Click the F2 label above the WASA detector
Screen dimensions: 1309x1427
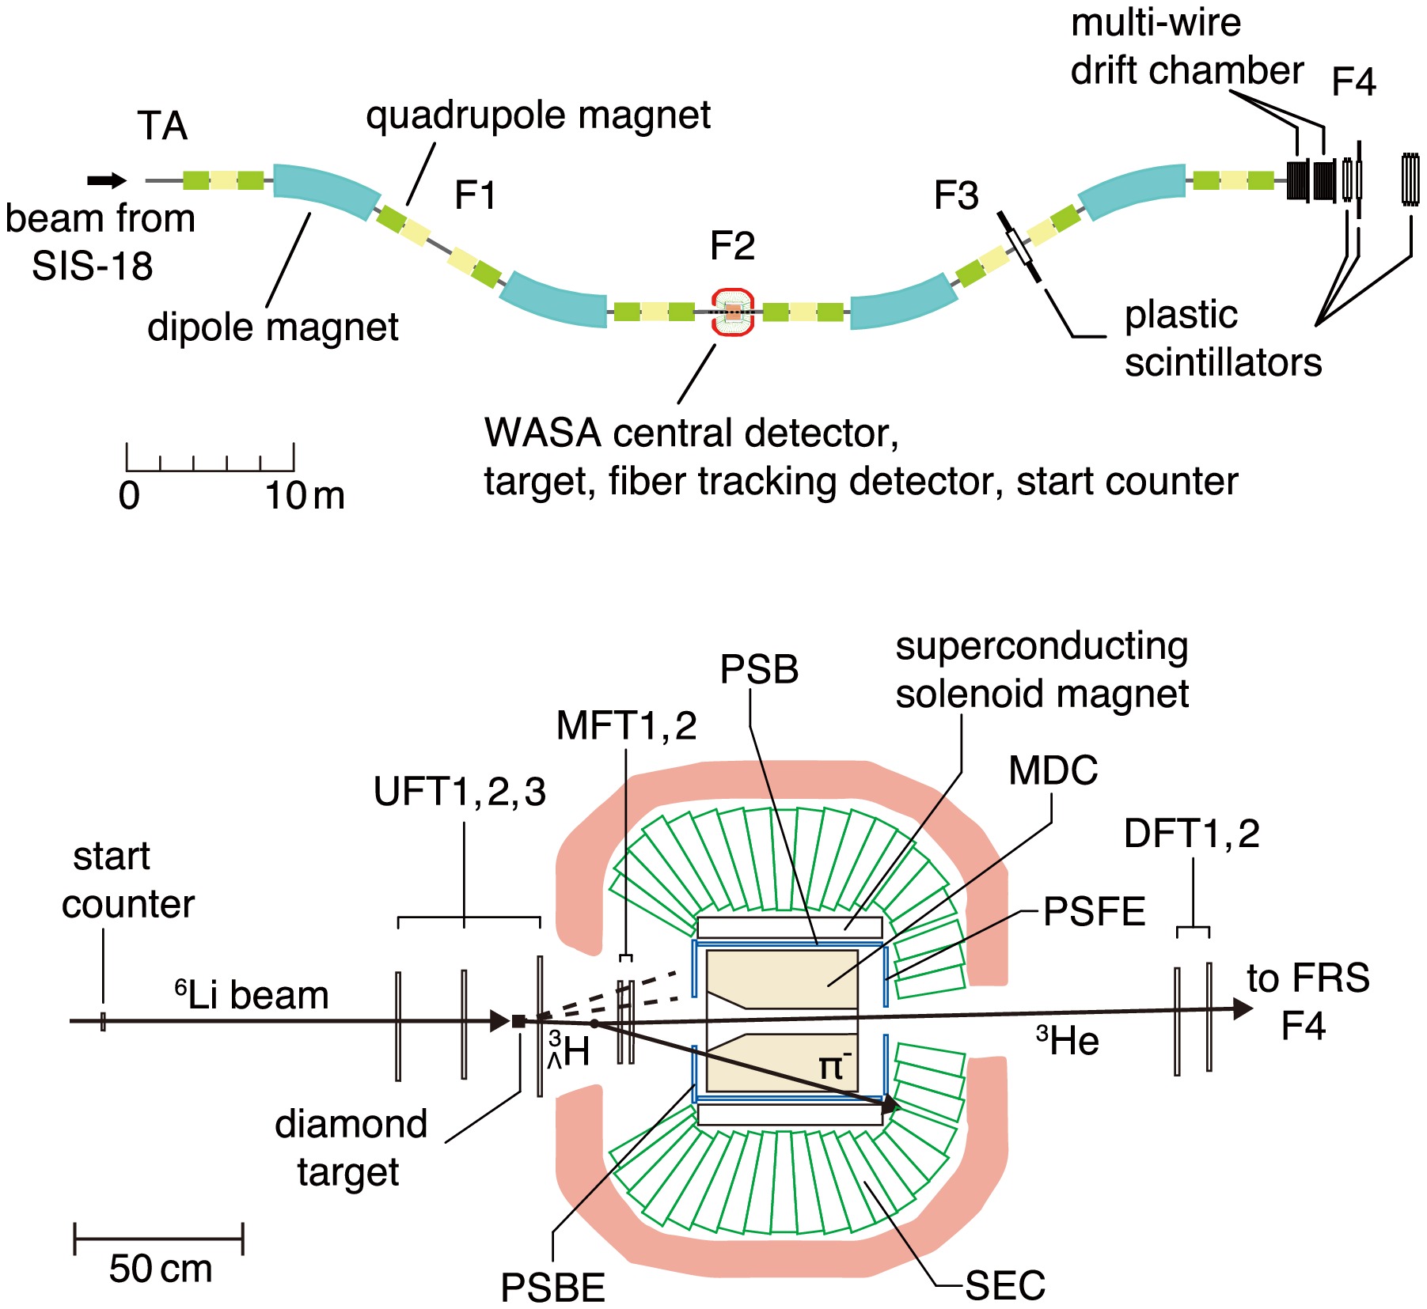pyautogui.click(x=732, y=246)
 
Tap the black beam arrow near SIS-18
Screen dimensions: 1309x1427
pyautogui.click(x=106, y=181)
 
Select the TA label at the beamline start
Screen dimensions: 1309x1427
pyautogui.click(x=162, y=126)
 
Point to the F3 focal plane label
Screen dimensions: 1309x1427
pyautogui.click(x=956, y=195)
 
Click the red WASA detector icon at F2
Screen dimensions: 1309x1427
pyautogui.click(x=733, y=312)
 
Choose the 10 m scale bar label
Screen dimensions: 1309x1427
pyautogui.click(x=305, y=496)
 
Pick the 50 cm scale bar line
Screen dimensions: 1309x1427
pyautogui.click(x=158, y=1238)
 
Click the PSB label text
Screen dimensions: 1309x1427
pyautogui.click(x=758, y=670)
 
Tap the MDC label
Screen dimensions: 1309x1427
pyautogui.click(x=1053, y=770)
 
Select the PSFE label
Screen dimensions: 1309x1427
pyautogui.click(x=1094, y=912)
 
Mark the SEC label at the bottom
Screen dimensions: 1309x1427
pyautogui.click(x=1005, y=1285)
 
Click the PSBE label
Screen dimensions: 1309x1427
pyautogui.click(x=552, y=1288)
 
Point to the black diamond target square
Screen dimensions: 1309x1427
pyautogui.click(x=518, y=1021)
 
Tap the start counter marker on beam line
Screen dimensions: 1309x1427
pyautogui.click(x=103, y=1021)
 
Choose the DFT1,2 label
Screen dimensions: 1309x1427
pyautogui.click(x=1191, y=834)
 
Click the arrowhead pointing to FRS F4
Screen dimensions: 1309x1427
pyautogui.click(x=1243, y=1008)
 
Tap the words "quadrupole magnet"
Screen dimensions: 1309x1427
pyautogui.click(x=538, y=115)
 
